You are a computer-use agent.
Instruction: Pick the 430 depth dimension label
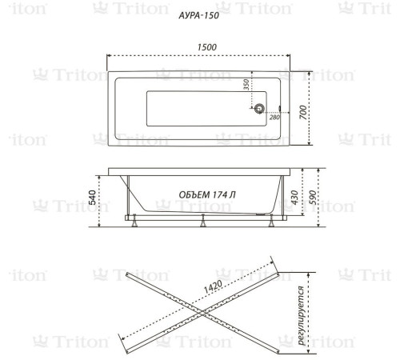pyautogui.click(x=294, y=198)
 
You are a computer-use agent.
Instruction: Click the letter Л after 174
pyautogui.click(x=233, y=194)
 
